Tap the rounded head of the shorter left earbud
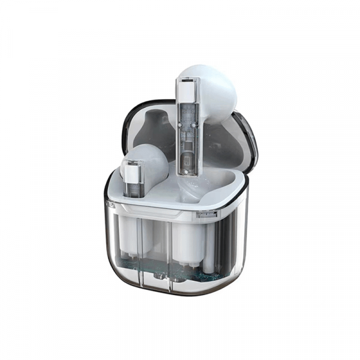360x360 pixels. [x=150, y=162]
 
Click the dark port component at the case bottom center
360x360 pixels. [x=161, y=276]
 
